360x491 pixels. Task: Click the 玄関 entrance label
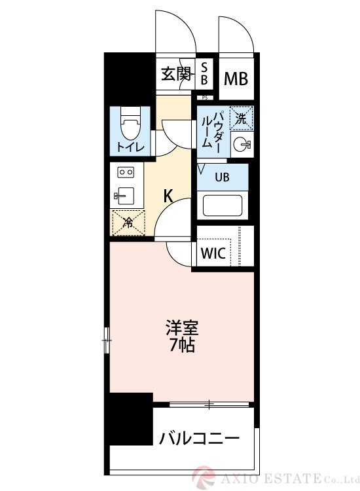click(175, 74)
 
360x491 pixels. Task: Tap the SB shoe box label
click(205, 73)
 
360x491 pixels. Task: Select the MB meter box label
click(236, 79)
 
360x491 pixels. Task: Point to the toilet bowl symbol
click(130, 121)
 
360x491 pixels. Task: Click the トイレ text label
click(130, 147)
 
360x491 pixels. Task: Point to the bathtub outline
click(223, 205)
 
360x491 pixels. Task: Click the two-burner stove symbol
click(126, 173)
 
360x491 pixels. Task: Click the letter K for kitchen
click(168, 195)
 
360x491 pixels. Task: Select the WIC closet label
click(213, 253)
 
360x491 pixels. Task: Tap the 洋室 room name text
click(181, 327)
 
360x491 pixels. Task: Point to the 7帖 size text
click(181, 345)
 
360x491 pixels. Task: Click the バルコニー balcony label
click(199, 437)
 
